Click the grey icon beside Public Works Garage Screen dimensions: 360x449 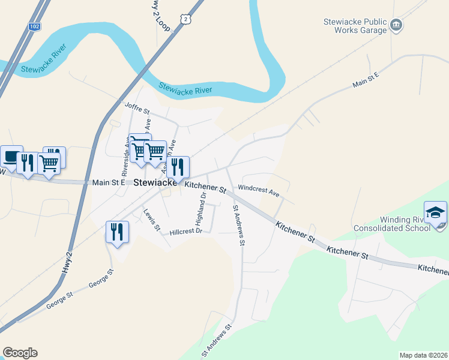396,25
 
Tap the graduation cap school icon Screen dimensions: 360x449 435,212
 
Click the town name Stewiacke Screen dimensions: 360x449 154,182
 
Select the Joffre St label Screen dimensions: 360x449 136,107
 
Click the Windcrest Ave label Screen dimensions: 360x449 259,191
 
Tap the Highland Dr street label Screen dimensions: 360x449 202,205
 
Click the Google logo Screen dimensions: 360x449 20,352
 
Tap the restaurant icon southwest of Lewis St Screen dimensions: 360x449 117,231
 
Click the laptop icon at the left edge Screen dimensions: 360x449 10,156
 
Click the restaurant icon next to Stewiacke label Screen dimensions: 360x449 178,166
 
